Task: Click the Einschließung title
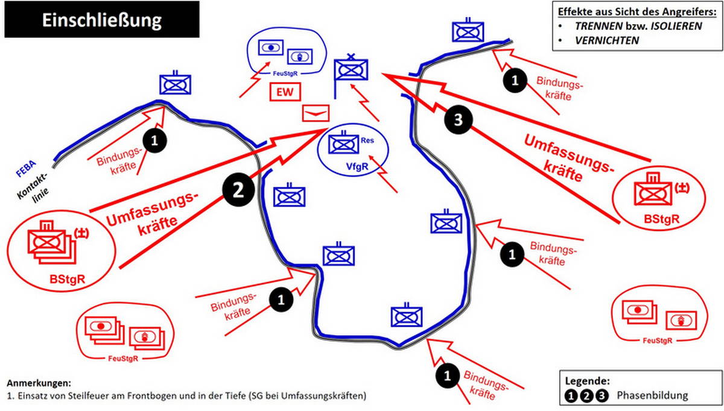[x=102, y=20]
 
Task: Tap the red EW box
[x=285, y=92]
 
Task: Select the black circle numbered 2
[x=238, y=190]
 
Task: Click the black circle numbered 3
[x=459, y=120]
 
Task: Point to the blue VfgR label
[x=357, y=166]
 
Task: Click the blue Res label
[x=367, y=140]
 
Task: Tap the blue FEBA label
[x=26, y=169]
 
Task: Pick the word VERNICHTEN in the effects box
[x=607, y=40]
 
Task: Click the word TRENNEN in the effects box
[x=599, y=26]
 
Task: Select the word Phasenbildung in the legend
[x=652, y=395]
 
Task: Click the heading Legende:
[x=587, y=381]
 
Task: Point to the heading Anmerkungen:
[x=39, y=383]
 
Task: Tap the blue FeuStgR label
[x=285, y=74]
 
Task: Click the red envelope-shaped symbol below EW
[x=316, y=113]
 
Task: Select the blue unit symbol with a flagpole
[x=351, y=69]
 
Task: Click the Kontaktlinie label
[x=33, y=190]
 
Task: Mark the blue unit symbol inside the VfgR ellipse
[x=343, y=143]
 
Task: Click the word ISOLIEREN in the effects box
[x=676, y=26]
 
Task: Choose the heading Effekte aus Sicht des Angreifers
[x=637, y=11]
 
